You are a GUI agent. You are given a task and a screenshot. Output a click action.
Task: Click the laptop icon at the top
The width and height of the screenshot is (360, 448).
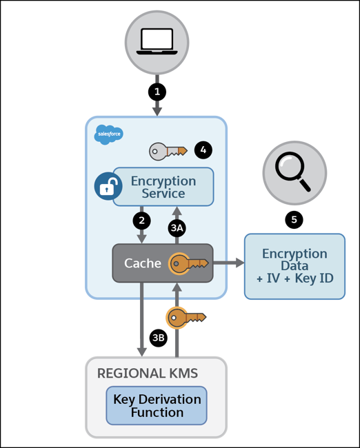[157, 41]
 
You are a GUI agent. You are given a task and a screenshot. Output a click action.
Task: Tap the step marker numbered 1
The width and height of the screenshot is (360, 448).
[157, 90]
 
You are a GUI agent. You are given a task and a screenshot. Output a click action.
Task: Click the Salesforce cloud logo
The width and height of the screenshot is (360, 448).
[108, 134]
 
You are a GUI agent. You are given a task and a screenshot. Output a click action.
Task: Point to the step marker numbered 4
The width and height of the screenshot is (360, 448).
[202, 150]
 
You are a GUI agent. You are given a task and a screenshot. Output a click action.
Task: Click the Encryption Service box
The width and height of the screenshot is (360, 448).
[163, 186]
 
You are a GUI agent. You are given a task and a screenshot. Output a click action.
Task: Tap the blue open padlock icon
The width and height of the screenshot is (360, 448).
[108, 187]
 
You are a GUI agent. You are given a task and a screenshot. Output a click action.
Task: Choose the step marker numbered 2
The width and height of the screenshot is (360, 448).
[141, 221]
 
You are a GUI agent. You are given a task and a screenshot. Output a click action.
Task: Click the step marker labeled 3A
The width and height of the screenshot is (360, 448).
[177, 227]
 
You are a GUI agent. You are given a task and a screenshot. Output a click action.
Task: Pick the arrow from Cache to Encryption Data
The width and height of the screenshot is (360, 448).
[228, 263]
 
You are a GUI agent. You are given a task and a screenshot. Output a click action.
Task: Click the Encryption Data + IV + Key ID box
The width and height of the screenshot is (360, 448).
[294, 266]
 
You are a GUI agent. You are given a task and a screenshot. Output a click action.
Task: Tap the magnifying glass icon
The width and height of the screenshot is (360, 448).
[294, 170]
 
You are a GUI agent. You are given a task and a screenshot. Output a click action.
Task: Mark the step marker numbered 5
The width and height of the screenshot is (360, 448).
[294, 220]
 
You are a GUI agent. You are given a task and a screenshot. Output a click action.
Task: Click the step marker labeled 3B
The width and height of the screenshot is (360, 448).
[159, 338]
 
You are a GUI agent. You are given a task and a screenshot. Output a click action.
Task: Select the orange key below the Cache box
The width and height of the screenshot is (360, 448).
[187, 318]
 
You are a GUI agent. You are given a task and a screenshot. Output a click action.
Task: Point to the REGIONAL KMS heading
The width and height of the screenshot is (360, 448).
[148, 374]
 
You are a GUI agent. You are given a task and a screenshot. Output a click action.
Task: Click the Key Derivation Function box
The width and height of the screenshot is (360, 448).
[157, 406]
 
